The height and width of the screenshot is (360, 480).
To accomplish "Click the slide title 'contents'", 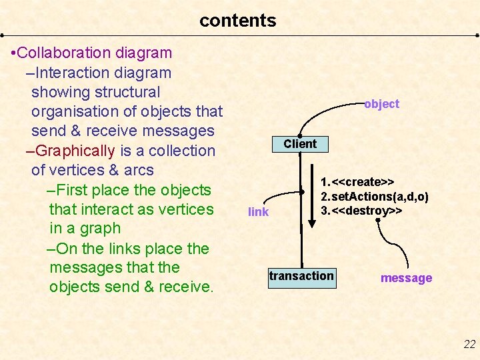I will tap(237, 21).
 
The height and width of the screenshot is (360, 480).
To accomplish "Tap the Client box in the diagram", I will tap(300, 144).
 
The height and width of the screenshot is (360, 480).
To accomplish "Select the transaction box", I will tap(301, 276).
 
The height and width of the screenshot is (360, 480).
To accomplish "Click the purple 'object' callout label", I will tap(381, 104).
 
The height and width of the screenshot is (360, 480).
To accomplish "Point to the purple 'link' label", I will tap(258, 212).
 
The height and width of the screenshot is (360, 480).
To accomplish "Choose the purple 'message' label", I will tap(406, 278).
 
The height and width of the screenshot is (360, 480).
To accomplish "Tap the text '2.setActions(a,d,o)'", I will tap(374, 197).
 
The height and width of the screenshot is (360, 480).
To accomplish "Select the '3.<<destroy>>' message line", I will tap(361, 211).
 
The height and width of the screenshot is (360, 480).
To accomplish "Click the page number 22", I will tap(469, 344).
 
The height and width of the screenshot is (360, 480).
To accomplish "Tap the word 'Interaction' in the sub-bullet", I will tap(73, 73).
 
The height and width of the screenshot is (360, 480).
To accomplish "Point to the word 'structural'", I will tap(128, 92).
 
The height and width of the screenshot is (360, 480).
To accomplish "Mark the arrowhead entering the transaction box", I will tap(301, 264).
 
